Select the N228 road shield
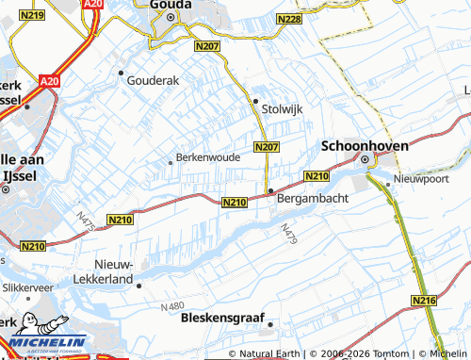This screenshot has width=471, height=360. click(x=289, y=19)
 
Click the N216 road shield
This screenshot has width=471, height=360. click(x=425, y=300)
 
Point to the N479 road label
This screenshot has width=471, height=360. click(x=287, y=235)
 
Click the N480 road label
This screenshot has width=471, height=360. click(x=172, y=306)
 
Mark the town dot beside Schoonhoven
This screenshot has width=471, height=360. click(x=365, y=159)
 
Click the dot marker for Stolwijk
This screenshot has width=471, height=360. click(x=254, y=100)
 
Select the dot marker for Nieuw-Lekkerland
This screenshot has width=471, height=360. click(x=138, y=285)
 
